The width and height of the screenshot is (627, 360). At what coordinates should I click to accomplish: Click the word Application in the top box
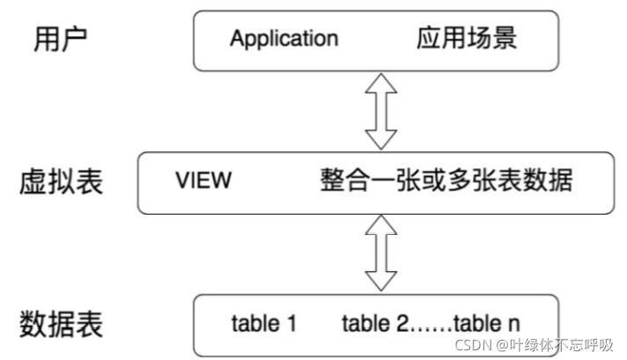[x=284, y=40]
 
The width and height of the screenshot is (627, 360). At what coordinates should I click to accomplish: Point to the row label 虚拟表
[x=61, y=182]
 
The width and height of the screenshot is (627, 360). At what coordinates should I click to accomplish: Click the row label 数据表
[x=61, y=323]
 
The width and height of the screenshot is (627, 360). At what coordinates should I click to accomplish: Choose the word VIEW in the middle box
[x=203, y=181]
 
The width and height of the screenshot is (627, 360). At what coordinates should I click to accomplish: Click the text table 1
[x=263, y=323]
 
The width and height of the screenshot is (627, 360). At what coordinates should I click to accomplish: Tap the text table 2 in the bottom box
[x=375, y=323]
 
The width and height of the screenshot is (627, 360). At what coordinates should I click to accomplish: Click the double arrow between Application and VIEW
[x=380, y=111]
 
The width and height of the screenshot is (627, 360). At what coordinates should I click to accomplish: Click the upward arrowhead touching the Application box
[x=380, y=83]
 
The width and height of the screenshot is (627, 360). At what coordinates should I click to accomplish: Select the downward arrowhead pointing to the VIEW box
[x=380, y=141]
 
